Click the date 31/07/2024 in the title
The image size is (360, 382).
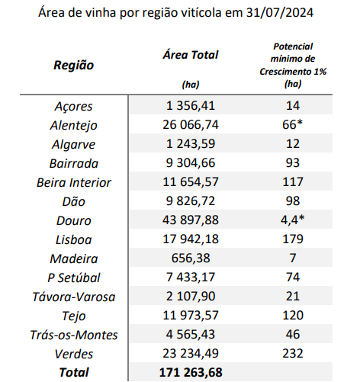(280, 12)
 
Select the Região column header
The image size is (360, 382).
(74, 66)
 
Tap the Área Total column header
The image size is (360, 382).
(191, 55)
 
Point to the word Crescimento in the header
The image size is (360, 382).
(285, 72)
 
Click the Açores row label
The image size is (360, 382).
(74, 106)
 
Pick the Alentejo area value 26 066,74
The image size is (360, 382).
(191, 125)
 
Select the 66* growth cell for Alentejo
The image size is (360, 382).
(293, 124)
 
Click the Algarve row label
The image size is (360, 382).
(74, 144)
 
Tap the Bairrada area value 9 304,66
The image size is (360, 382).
(191, 163)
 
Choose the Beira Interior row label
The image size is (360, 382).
(74, 182)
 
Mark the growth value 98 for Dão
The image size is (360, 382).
(293, 201)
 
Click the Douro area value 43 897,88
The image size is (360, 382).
(191, 220)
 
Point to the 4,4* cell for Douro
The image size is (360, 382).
(293, 220)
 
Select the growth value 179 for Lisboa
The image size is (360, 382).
(293, 239)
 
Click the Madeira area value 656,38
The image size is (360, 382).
(191, 258)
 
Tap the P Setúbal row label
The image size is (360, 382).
(74, 278)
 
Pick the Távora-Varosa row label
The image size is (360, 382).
(74, 297)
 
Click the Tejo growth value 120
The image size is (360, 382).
(293, 316)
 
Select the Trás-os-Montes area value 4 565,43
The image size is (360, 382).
(191, 335)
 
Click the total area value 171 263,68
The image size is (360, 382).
(191, 372)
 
